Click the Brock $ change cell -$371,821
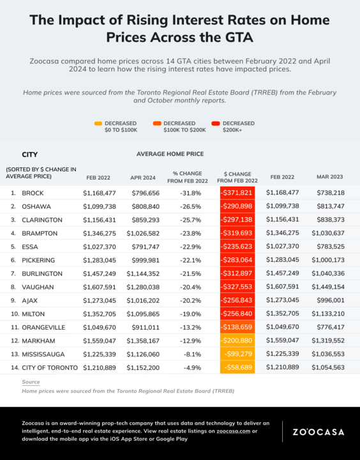point(237,193)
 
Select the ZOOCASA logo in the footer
point(319,432)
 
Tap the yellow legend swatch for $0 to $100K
point(98,123)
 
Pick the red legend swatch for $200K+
point(216,123)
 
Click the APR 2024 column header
point(143,178)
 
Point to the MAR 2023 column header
point(329,177)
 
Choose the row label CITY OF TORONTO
point(50,367)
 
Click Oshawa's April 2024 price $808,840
point(146,206)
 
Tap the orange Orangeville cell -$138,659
point(237,327)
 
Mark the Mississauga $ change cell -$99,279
point(237,354)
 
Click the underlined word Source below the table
point(31,382)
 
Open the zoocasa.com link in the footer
point(234,431)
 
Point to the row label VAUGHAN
point(38,287)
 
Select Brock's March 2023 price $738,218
point(331,193)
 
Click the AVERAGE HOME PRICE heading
point(170,154)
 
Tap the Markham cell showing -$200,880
point(237,341)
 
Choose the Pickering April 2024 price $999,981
point(146,260)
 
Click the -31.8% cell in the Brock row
point(191,193)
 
